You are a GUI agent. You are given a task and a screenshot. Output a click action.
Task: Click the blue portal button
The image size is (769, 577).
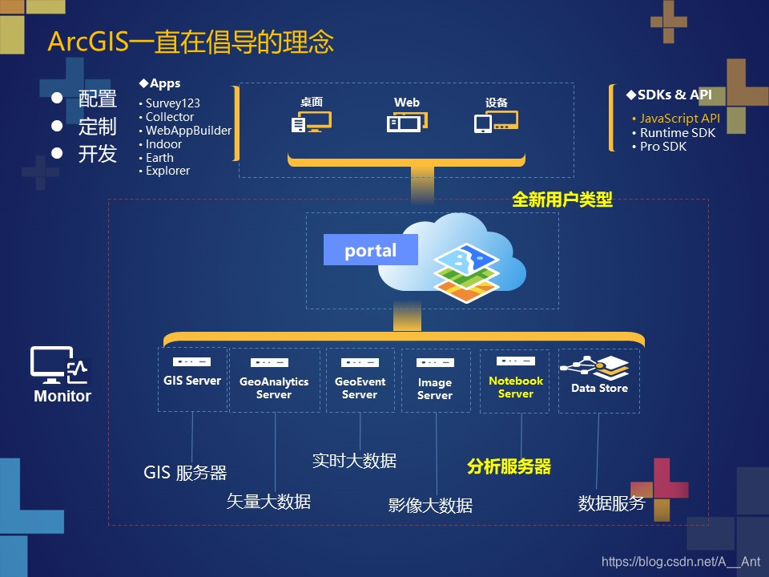pyautogui.click(x=371, y=250)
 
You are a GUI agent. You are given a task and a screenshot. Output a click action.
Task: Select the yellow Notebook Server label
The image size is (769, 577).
pyautogui.click(x=516, y=387)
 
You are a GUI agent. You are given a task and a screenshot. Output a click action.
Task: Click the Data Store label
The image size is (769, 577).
pyautogui.click(x=599, y=389)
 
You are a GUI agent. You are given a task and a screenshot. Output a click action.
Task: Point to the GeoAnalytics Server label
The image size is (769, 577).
pyautogui.click(x=274, y=388)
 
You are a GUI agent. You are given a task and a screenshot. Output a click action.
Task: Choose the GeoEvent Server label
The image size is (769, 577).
pyautogui.click(x=360, y=388)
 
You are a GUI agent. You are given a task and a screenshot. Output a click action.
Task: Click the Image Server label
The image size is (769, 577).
pyautogui.click(x=435, y=389)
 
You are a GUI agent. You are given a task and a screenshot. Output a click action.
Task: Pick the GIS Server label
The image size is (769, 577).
pyautogui.click(x=192, y=381)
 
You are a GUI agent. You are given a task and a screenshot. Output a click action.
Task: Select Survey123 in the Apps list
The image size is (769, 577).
pyautogui.click(x=172, y=103)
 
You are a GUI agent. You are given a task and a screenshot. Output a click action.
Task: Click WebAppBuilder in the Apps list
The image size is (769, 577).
pyautogui.click(x=188, y=131)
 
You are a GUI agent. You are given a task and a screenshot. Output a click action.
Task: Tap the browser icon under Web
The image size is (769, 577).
pyautogui.click(x=407, y=123)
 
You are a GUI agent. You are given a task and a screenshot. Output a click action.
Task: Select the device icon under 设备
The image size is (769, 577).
pyautogui.click(x=496, y=123)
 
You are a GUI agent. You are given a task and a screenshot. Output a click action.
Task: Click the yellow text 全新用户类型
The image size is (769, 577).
pyautogui.click(x=562, y=200)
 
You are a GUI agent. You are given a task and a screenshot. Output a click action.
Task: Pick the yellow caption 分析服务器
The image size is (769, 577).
pyautogui.click(x=509, y=466)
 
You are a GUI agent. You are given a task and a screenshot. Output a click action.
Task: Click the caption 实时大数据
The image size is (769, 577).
pyautogui.click(x=354, y=461)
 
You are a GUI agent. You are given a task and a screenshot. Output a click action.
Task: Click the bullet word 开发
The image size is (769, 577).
pyautogui.click(x=98, y=154)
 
